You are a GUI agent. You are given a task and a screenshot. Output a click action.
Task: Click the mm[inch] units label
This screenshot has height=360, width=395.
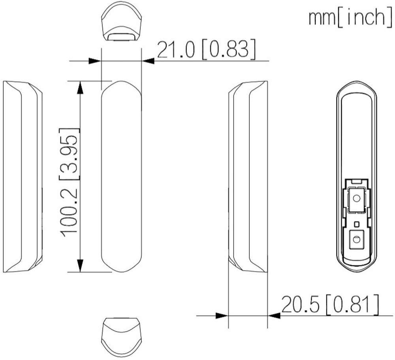(x=350, y=17)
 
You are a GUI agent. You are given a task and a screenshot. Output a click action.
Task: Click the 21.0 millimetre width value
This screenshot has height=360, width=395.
(x=176, y=49)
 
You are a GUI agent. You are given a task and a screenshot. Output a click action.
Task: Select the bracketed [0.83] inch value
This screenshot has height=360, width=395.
(x=229, y=49)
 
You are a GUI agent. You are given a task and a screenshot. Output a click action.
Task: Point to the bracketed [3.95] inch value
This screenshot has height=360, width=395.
(x=69, y=154)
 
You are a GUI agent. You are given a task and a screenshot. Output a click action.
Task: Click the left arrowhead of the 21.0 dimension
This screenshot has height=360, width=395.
(x=95, y=61)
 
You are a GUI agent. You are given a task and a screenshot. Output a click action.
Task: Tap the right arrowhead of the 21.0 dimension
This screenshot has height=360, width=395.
(x=148, y=61)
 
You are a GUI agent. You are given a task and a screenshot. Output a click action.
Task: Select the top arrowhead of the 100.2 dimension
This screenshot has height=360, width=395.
(x=80, y=87)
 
